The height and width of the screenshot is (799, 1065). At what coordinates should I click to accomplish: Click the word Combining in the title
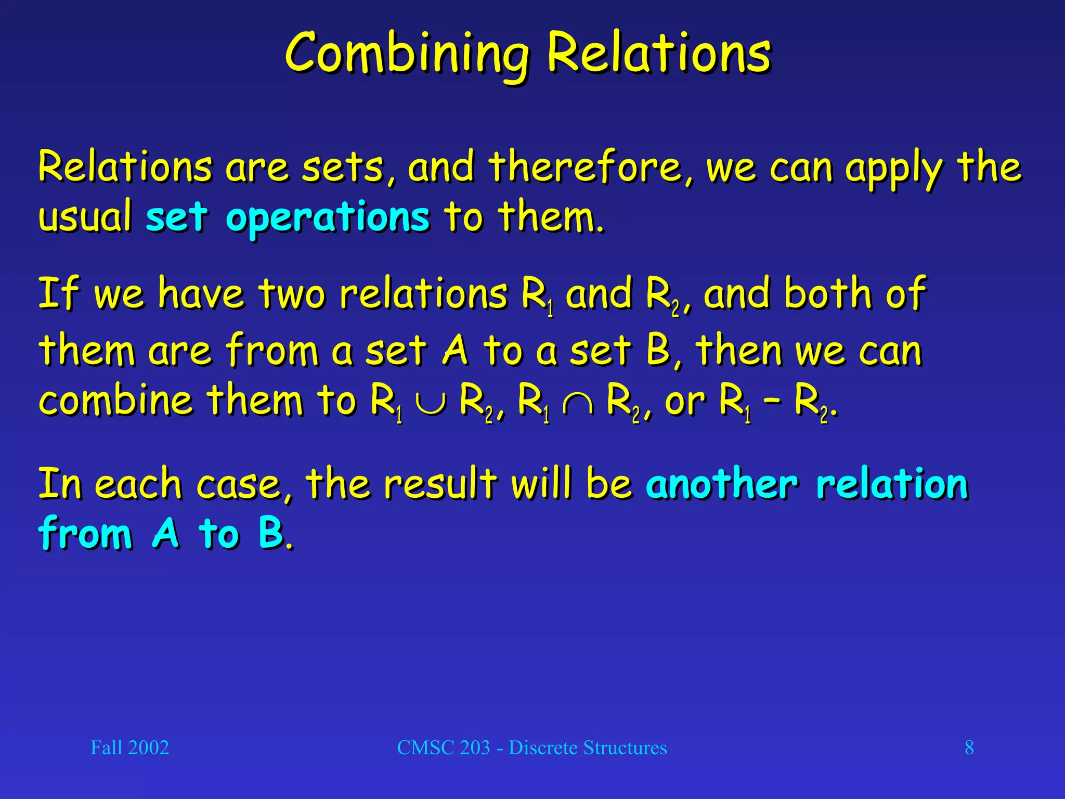(407, 54)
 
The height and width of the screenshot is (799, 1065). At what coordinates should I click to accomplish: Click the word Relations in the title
(659, 54)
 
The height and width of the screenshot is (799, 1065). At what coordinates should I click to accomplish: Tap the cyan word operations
(328, 217)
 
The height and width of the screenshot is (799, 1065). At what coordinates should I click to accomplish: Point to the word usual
(85, 217)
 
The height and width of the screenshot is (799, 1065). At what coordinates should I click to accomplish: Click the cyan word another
(722, 484)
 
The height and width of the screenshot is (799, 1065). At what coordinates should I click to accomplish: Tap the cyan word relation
(892, 484)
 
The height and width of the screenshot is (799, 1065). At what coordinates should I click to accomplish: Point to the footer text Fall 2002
(129, 748)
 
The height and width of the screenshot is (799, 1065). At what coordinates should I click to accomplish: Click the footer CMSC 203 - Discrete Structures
(531, 748)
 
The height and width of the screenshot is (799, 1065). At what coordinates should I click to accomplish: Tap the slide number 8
(969, 748)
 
